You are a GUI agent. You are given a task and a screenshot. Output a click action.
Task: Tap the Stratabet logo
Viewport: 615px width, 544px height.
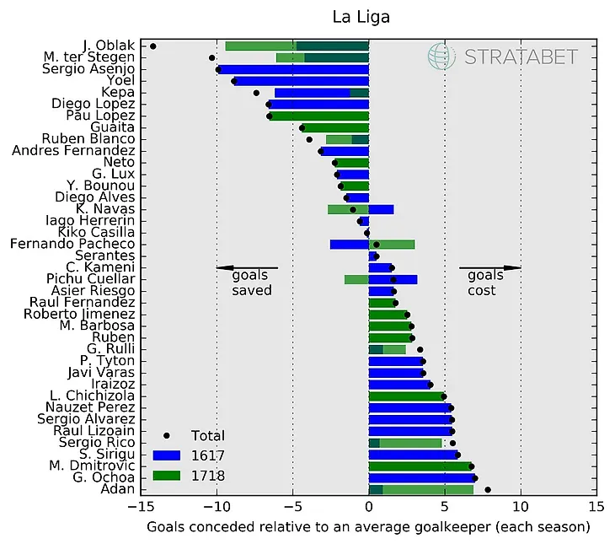503,57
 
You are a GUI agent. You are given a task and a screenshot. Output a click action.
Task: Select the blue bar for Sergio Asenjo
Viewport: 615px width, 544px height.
293,69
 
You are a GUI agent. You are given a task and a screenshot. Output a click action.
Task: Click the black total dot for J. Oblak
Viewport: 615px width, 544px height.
152,46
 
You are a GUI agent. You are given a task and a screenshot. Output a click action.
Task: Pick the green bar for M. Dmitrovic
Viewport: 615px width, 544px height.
420,466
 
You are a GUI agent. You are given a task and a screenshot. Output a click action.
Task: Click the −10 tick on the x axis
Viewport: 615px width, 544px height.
217,508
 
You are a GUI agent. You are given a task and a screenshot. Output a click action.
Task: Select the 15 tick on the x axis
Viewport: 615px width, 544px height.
596,508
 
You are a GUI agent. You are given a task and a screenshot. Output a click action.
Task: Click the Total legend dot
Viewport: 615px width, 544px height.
168,435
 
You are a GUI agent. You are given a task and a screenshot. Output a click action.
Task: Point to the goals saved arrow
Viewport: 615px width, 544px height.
246,268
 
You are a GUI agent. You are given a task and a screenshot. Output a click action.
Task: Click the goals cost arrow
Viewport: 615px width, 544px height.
490,268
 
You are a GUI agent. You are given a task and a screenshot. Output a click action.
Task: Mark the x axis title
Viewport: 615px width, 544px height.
368,527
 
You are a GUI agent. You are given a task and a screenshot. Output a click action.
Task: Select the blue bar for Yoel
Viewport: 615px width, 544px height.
301,81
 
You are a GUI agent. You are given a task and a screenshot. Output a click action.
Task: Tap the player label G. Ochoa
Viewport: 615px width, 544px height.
99,477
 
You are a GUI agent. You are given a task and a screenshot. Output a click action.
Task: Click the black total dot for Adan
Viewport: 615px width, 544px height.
488,489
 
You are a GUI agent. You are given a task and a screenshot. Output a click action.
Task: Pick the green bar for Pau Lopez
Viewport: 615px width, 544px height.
318,116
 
